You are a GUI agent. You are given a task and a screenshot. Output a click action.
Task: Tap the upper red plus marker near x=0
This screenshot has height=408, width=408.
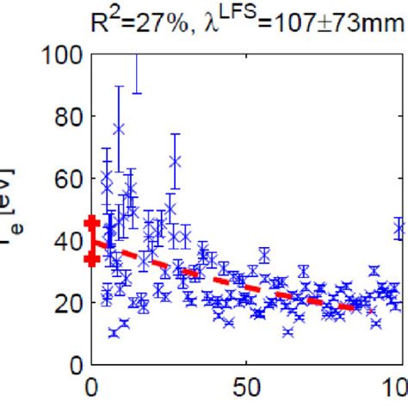coord(92,223)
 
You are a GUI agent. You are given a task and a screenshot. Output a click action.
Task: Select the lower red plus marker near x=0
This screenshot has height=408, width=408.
coord(92,259)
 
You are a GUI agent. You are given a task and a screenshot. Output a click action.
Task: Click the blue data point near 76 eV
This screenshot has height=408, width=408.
coord(119,129)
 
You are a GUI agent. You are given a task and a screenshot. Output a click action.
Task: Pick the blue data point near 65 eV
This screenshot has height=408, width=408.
coord(176,161)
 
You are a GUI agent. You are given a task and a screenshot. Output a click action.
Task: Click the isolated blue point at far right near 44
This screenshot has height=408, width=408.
coord(399,229)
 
